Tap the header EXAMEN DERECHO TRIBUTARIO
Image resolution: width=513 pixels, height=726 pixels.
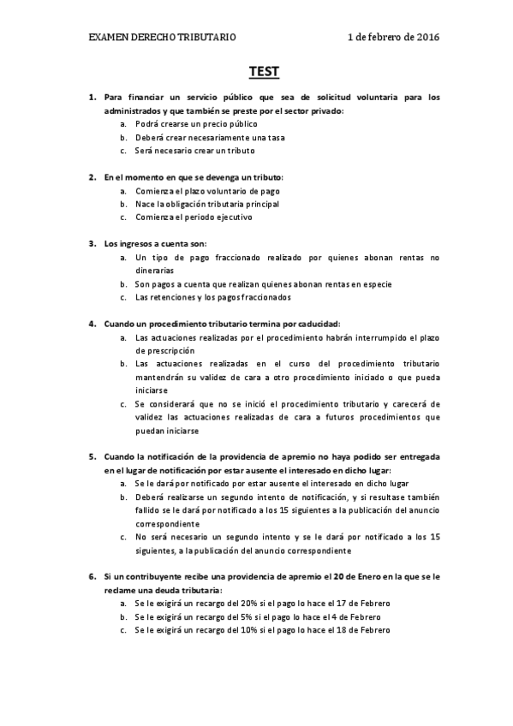click(x=163, y=38)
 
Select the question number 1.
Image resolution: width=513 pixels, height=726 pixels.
click(x=92, y=97)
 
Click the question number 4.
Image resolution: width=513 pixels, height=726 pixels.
click(x=92, y=324)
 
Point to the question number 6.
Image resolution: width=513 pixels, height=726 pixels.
click(x=92, y=576)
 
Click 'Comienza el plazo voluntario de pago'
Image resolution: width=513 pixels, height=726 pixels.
click(x=206, y=190)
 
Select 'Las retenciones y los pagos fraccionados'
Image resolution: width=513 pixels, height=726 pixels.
click(x=212, y=297)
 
